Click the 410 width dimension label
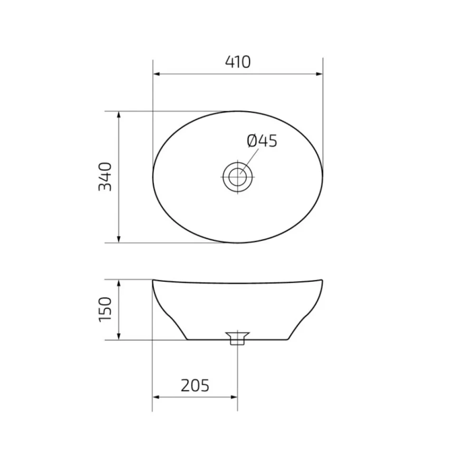[238, 62]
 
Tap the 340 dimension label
[105, 177]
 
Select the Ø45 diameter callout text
[262, 141]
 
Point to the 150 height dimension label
[105, 309]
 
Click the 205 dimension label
[195, 385]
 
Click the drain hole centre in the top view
[238, 177]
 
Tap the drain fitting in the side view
[238, 338]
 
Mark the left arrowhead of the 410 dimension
[156, 74]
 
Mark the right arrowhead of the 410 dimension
[319, 74]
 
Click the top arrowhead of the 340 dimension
[119, 115]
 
